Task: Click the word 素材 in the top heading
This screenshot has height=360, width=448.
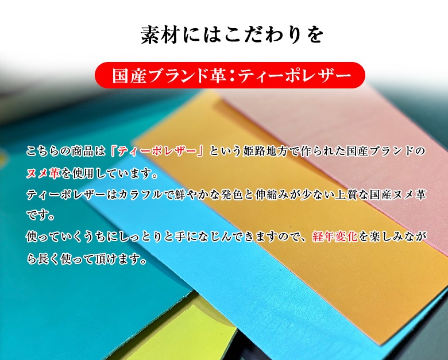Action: (160, 35)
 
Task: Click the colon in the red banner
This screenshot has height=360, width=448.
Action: (232, 76)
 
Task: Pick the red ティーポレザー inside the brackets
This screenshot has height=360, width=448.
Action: (157, 151)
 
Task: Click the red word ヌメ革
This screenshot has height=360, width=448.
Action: (43, 173)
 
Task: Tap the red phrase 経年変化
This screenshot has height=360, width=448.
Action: (335, 237)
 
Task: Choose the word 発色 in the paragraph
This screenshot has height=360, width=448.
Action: (231, 195)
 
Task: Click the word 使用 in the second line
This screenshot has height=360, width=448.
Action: (83, 173)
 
